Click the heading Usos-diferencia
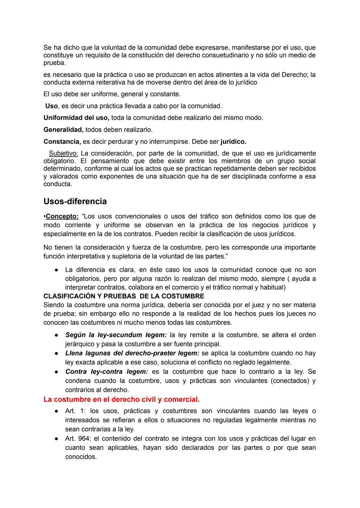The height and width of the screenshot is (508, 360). coord(75,202)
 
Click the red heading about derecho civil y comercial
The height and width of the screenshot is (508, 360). coord(121,399)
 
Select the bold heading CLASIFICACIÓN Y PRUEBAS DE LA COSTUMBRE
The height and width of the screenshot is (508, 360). coord(124,296)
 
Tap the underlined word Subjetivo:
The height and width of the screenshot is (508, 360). coord(63,153)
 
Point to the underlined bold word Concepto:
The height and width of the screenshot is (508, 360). coord(62,217)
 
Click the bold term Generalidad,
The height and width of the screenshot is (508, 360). coord(63,130)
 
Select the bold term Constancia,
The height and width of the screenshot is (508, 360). coord(62,142)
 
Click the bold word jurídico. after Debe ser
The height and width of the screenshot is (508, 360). coord(233,142)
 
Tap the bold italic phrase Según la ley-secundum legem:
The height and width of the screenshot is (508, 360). coord(116,335)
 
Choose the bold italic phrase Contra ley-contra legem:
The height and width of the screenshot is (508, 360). coord(106,371)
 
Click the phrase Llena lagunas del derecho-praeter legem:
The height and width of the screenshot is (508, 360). coord(132,353)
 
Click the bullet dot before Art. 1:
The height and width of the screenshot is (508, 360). coord(57,411)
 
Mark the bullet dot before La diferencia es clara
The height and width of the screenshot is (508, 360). coord(57,270)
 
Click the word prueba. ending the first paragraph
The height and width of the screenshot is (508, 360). coord(54,63)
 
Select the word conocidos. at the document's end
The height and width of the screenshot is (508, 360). coord(81,457)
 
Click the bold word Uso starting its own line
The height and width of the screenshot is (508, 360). coord(51,106)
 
